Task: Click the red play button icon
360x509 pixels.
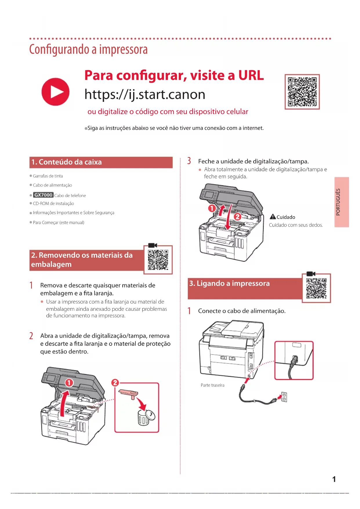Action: coord(55,92)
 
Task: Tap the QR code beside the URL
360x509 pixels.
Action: coord(302,92)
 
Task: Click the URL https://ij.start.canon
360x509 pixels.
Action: coord(145,95)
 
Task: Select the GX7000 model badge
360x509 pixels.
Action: coord(43,195)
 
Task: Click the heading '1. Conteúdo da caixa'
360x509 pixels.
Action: coord(67,162)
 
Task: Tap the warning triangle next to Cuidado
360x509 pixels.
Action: coord(273,217)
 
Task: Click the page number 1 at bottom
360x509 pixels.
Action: coord(334,479)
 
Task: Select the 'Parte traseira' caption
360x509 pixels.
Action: coord(213,385)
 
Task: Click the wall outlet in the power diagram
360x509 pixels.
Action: coord(284,397)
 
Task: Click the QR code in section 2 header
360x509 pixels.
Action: coord(158,260)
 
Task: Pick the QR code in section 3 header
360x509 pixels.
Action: coord(316,288)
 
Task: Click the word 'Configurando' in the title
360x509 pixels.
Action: coord(59,50)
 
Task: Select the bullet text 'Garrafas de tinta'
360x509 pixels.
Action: coord(48,176)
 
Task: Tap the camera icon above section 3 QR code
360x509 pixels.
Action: coord(311,274)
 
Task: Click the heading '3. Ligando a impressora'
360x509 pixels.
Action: coord(229,284)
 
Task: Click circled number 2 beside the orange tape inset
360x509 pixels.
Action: coord(115,382)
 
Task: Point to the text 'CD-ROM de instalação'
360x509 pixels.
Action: coord(53,204)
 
